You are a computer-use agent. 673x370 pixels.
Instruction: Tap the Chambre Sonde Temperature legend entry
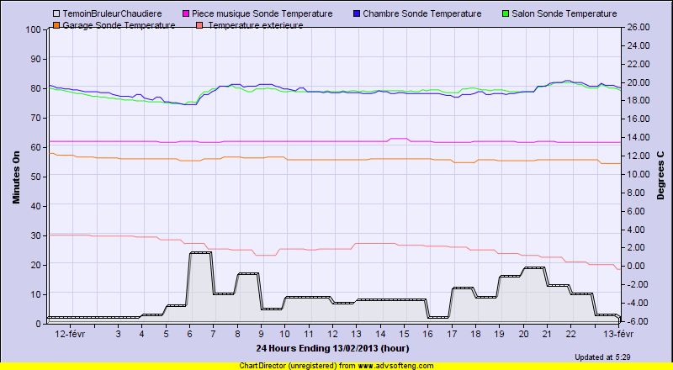(x=421, y=14)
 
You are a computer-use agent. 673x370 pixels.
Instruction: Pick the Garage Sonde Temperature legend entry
(x=119, y=25)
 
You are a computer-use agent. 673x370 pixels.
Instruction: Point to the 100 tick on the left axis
(x=34, y=29)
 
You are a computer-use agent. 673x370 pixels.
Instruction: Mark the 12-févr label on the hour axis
(x=70, y=334)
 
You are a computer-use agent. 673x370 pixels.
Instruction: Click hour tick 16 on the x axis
(x=427, y=334)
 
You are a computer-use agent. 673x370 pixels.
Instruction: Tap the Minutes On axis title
(x=16, y=177)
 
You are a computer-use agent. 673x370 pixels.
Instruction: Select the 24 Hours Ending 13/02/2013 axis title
(x=332, y=347)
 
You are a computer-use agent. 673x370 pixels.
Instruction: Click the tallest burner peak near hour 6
(x=200, y=252)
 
